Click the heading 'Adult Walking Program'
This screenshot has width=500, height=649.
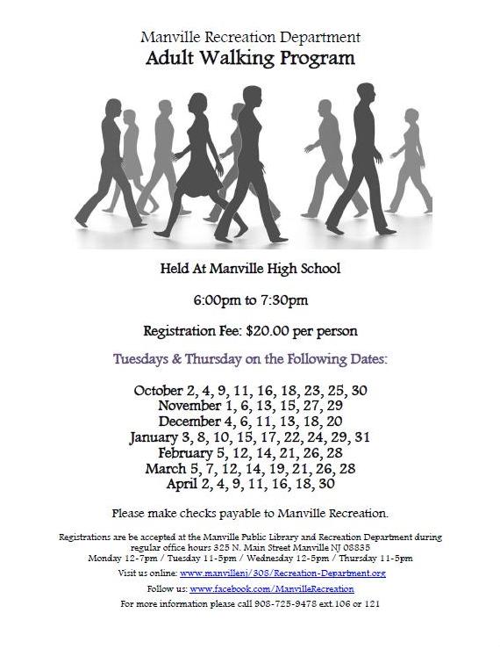tap(250, 60)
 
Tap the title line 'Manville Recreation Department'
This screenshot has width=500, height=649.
tap(250, 38)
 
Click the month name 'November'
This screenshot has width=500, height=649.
tap(189, 406)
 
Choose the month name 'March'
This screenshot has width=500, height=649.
tap(165, 469)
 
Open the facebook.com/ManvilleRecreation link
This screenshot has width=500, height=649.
tap(271, 588)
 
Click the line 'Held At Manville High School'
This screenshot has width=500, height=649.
tap(250, 268)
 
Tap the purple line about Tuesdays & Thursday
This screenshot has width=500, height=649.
tap(250, 359)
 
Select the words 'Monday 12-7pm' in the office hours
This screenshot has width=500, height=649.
tap(119, 558)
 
